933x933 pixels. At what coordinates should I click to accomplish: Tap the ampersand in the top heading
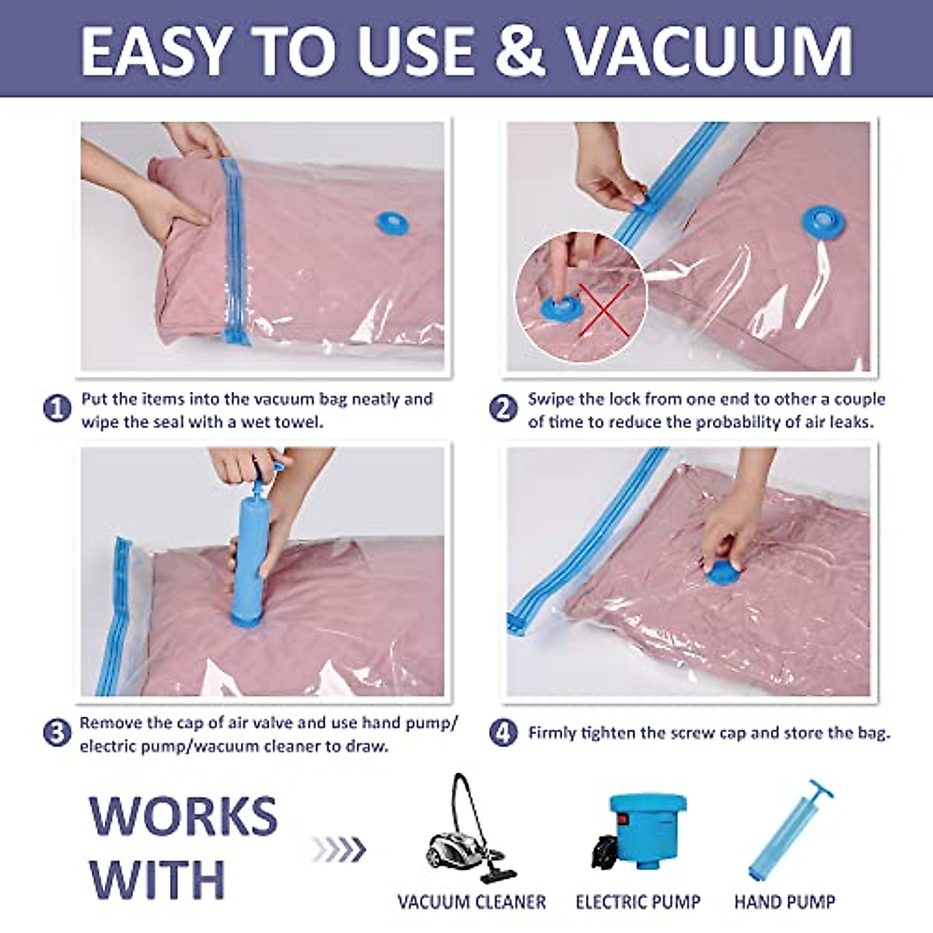(x=514, y=51)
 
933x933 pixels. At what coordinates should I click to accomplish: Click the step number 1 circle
(x=58, y=409)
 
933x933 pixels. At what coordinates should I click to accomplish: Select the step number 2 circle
(x=504, y=409)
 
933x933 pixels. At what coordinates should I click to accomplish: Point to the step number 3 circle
(x=58, y=733)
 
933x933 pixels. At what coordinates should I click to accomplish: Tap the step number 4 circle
(x=504, y=732)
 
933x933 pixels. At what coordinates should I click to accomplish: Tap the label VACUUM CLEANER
(x=471, y=902)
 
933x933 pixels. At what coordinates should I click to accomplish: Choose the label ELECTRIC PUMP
(x=638, y=902)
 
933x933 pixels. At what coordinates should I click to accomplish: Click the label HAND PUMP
(x=784, y=902)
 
